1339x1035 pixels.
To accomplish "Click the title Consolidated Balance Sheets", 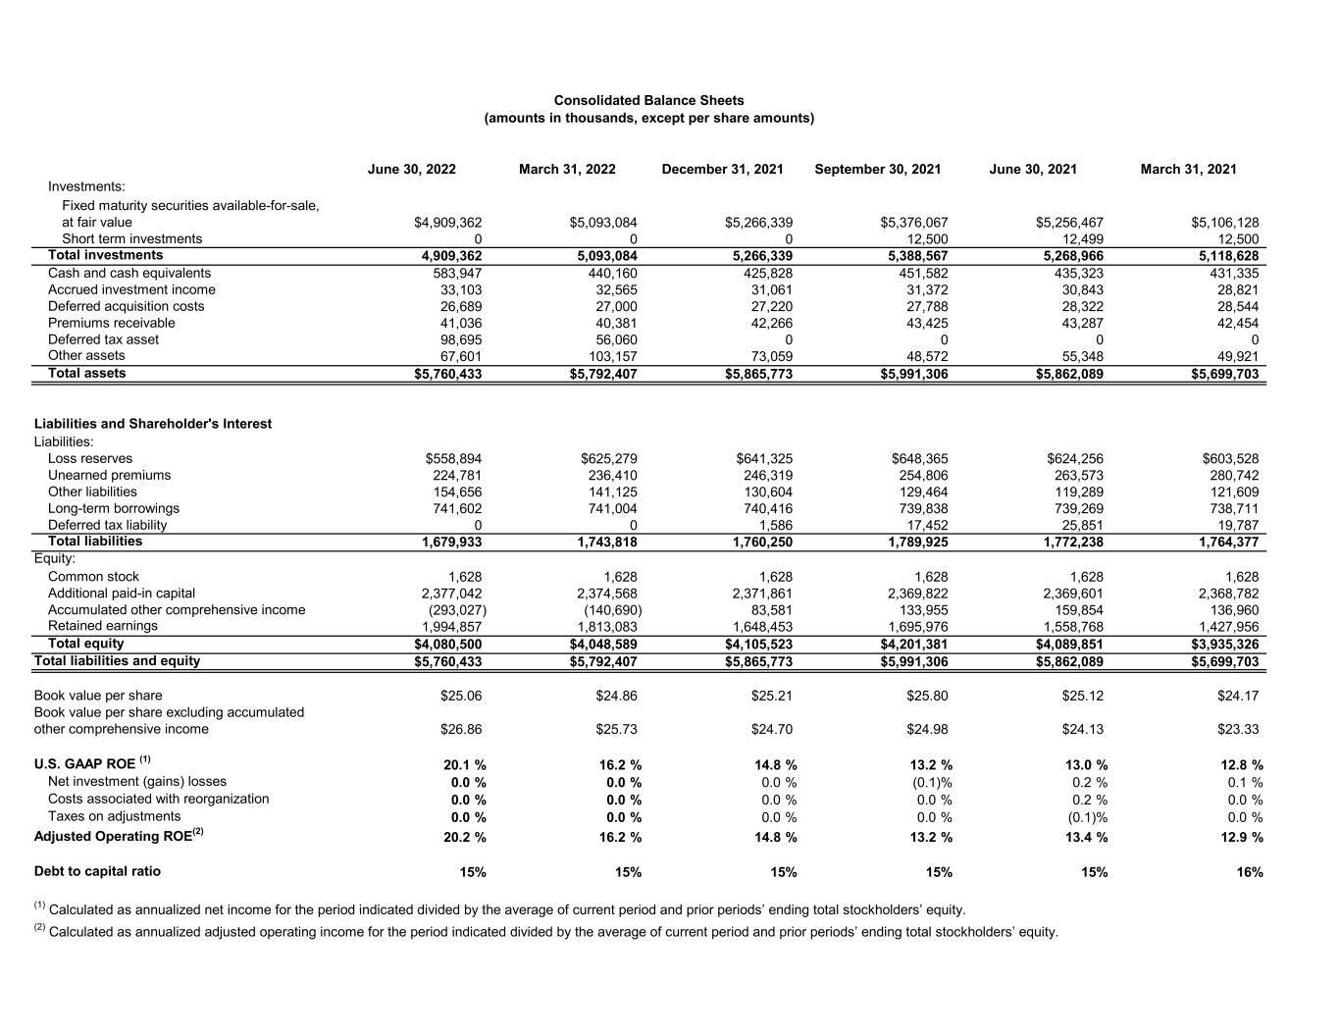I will [x=648, y=100].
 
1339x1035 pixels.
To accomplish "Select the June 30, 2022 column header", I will [x=412, y=169].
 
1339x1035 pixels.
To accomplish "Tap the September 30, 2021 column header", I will [x=877, y=169].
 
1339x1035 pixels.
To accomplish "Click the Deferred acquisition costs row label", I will [x=126, y=306].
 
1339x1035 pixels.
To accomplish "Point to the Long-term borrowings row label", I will [x=114, y=508].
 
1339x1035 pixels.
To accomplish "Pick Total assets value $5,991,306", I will [x=914, y=374].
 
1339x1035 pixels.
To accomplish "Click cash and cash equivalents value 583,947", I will [x=458, y=273].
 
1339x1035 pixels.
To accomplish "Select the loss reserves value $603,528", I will [x=1230, y=458].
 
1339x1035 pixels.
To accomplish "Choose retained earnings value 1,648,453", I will [x=762, y=626].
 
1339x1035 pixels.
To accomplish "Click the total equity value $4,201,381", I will [x=914, y=645].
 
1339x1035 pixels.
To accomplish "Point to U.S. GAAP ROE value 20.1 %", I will [x=465, y=765].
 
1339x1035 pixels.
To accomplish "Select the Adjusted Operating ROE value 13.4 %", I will [x=1086, y=837].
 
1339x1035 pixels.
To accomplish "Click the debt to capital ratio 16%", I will [x=1250, y=872].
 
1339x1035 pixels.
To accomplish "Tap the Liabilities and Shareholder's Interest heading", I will [x=152, y=424].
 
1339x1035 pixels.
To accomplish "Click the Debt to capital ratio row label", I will [x=97, y=871].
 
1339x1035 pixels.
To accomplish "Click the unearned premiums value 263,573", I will [x=1075, y=475].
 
